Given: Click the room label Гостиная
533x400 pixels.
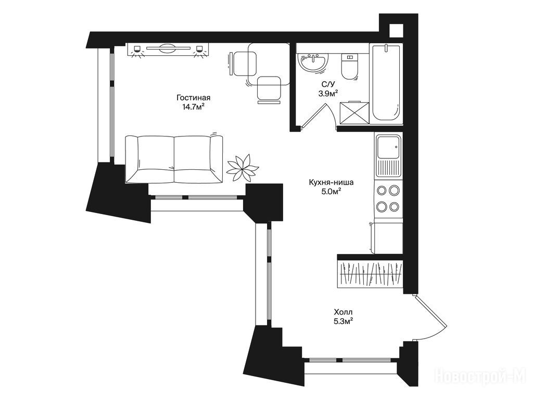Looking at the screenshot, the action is click(x=193, y=97).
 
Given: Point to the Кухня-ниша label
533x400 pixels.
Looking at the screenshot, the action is click(x=331, y=182).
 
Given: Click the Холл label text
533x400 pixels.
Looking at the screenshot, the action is click(x=343, y=311).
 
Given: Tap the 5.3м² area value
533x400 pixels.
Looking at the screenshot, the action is click(x=343, y=321).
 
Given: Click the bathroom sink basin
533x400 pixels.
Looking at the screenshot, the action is click(x=313, y=63).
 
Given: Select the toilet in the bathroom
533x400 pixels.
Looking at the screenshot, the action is click(x=349, y=66).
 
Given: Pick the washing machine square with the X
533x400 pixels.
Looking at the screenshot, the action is click(x=354, y=112).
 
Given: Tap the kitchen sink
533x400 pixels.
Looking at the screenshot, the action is click(x=388, y=155).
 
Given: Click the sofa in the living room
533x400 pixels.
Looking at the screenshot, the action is click(x=174, y=159).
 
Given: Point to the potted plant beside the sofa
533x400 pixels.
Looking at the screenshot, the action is click(x=243, y=167).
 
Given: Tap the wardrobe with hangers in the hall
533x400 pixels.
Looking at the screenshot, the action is click(x=371, y=274).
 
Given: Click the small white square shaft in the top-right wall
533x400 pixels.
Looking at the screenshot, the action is click(x=396, y=31).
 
